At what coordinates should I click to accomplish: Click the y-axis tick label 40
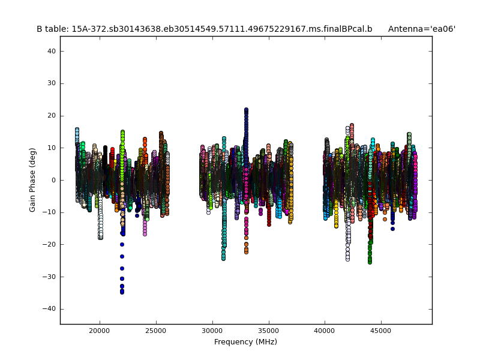coord(52,52)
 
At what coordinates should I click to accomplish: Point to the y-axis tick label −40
coord(50,309)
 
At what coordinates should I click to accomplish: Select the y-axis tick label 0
coord(54,180)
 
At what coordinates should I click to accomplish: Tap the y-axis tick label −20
coord(50,245)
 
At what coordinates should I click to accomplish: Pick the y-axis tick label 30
coord(52,83)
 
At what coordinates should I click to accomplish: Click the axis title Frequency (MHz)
coord(245,342)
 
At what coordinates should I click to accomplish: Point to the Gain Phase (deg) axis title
coord(33,180)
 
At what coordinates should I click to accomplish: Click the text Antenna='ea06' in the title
coord(421,29)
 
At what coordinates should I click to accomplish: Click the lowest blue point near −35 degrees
coord(122,292)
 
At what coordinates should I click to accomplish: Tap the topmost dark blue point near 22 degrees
coord(246,110)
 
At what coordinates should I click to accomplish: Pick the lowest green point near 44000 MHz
coord(370,262)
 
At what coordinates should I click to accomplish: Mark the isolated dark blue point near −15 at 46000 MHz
coord(392,229)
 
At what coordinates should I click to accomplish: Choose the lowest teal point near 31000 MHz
coord(223,259)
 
